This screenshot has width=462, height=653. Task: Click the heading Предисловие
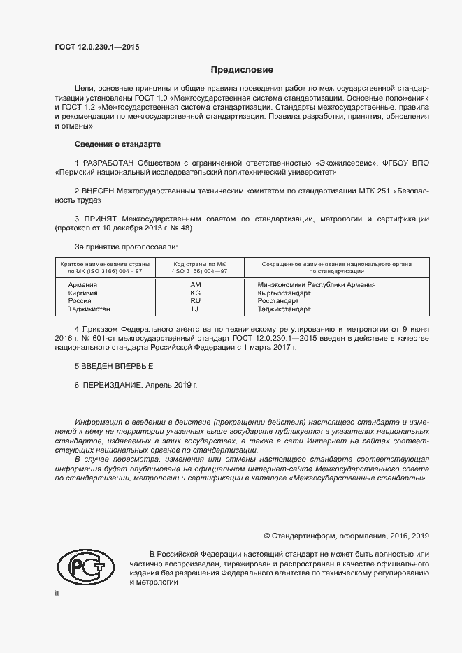(242, 70)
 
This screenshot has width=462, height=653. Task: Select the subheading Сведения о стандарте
(117, 144)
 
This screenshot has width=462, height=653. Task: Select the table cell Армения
(82, 285)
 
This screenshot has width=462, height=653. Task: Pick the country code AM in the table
(195, 285)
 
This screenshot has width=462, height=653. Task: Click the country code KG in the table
(195, 293)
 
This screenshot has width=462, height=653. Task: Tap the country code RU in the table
(195, 301)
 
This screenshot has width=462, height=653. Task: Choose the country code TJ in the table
(195, 309)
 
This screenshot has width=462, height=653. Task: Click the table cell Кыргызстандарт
(284, 293)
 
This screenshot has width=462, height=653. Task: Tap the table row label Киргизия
(83, 293)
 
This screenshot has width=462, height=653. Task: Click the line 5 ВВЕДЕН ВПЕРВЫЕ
(113, 366)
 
